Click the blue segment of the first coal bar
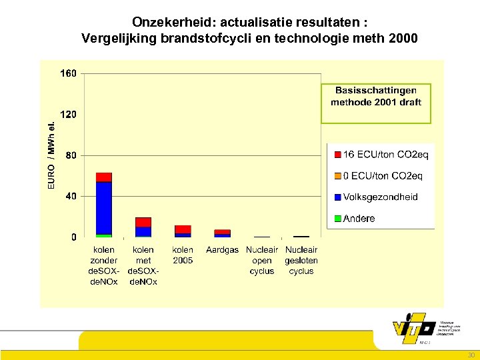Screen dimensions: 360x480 pos(103,207)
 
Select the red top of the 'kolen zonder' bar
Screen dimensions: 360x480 pos(103,177)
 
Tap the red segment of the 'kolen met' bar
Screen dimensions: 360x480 pos(143,222)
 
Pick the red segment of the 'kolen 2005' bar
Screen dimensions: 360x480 pos(183,229)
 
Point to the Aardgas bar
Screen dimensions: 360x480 pos(222,233)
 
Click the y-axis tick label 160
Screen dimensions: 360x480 pos(69,73)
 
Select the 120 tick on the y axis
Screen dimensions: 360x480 pos(69,115)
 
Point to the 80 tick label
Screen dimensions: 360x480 pos(71,155)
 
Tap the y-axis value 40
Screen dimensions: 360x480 pos(71,196)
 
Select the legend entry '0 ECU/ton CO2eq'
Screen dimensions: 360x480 pos(381,176)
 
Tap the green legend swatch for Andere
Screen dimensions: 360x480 pos(337,219)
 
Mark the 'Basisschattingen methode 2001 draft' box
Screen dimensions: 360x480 pos(376,103)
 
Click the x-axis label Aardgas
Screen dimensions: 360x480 pos(222,250)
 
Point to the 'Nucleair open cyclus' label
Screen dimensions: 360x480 pos(262,261)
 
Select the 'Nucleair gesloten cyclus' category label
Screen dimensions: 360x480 pos(301,261)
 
